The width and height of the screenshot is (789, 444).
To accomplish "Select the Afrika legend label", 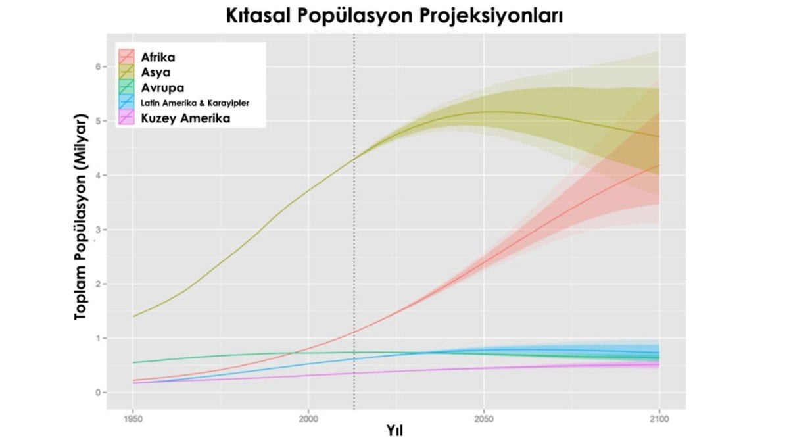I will tap(158, 57).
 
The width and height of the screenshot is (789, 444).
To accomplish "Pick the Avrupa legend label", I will tap(162, 87).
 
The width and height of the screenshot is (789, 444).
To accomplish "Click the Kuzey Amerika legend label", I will tap(181, 118).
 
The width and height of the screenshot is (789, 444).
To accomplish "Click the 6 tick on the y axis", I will tap(97, 66).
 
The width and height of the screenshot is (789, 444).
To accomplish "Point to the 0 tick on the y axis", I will tap(97, 393).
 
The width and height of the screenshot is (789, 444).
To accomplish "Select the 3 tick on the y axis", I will tap(97, 230).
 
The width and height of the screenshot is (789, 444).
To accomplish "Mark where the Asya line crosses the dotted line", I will tap(354, 159).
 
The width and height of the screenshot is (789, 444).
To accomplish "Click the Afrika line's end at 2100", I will tap(659, 165).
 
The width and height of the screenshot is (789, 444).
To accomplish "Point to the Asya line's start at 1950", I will tap(133, 316).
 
